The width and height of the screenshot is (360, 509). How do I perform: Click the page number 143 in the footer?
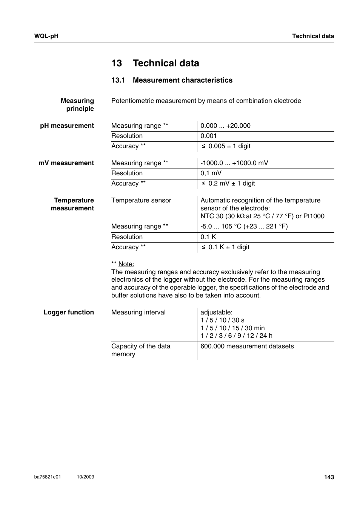pos(329,477)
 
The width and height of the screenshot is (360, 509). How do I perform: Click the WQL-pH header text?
pos(46,36)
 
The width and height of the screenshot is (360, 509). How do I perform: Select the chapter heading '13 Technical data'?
pos(155,63)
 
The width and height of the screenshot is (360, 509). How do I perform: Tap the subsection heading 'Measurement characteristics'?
pos(182,80)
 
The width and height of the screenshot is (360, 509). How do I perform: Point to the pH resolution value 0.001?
pos(209,136)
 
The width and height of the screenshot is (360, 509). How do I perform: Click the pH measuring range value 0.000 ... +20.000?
pos(225,126)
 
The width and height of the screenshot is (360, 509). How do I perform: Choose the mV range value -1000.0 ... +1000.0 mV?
pos(234,163)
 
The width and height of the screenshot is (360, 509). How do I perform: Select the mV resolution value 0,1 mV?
pos(211,173)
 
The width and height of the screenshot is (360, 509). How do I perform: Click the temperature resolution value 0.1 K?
pos(208,237)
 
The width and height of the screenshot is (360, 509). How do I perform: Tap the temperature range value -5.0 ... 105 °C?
pos(244,227)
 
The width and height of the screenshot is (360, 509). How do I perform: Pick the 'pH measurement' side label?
pos(67,126)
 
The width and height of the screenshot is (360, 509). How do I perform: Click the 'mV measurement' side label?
pos(66,163)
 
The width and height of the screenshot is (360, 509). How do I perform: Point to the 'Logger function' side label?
pos(68,313)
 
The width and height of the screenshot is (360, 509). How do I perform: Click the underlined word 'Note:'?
pos(126,264)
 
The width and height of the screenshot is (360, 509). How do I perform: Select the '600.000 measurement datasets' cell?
pos(247,346)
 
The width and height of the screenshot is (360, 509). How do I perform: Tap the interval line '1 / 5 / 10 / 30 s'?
pos(222,320)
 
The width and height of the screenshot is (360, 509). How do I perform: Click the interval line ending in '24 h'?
pos(236,336)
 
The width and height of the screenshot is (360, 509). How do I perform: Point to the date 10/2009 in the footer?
pos(85,477)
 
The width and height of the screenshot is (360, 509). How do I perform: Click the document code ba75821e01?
pos(47,477)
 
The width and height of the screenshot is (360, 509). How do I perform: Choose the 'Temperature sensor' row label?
pos(141,201)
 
